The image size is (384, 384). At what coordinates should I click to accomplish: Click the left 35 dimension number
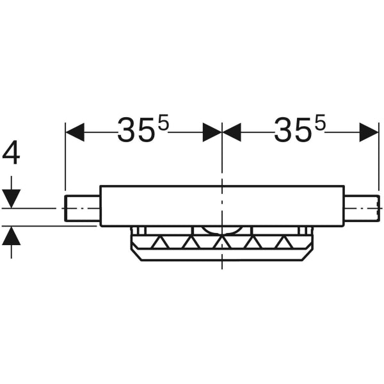pyautogui.click(x=136, y=132)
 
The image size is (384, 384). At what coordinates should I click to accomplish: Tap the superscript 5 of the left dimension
pyautogui.click(x=163, y=124)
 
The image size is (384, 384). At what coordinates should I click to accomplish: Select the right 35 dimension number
pyautogui.click(x=293, y=132)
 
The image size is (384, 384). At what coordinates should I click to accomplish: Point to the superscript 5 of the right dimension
pyautogui.click(x=320, y=124)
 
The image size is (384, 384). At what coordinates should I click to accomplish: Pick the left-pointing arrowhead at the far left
pyautogui.click(x=75, y=132)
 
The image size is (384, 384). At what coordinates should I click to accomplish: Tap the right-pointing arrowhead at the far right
pyautogui.click(x=369, y=132)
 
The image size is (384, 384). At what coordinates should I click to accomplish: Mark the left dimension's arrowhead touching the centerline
pyautogui.click(x=212, y=132)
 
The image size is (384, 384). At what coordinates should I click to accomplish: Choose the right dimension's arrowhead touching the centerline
pyautogui.click(x=231, y=132)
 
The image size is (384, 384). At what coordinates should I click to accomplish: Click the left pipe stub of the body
pyautogui.click(x=83, y=209)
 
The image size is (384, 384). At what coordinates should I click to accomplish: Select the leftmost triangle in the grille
pyautogui.click(x=159, y=243)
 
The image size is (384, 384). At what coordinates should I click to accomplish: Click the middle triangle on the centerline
pyautogui.click(x=221, y=243)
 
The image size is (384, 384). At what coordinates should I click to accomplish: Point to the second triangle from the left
pyautogui.click(x=190, y=243)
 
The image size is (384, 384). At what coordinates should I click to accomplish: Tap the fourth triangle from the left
pyautogui.click(x=252, y=243)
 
